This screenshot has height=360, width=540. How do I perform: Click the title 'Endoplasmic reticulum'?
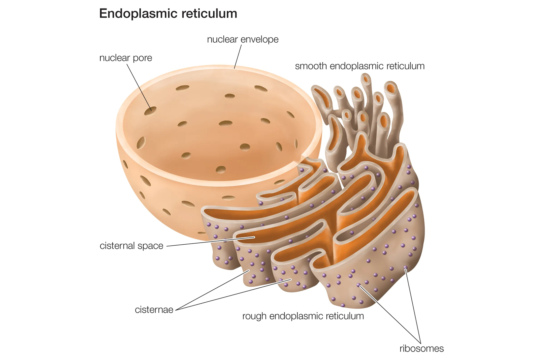tap(168, 14)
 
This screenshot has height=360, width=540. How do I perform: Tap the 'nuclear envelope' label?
tap(243, 39)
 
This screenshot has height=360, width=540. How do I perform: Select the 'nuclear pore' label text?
tap(126, 58)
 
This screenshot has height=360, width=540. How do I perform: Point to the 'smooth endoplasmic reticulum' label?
tap(360, 66)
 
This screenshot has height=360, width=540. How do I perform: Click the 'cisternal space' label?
tap(131, 246)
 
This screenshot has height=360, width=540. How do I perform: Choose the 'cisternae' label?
tap(154, 310)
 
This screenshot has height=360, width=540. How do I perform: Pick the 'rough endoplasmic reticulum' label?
tap(303, 316)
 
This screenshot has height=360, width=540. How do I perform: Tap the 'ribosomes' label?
tap(422, 348)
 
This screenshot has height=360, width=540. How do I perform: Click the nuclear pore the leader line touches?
tap(150, 111)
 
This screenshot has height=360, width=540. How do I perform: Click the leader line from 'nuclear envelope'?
tap(238, 57)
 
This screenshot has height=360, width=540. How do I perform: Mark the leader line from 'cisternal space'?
tap(211, 242)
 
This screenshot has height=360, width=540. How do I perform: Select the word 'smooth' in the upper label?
tap(311, 66)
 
